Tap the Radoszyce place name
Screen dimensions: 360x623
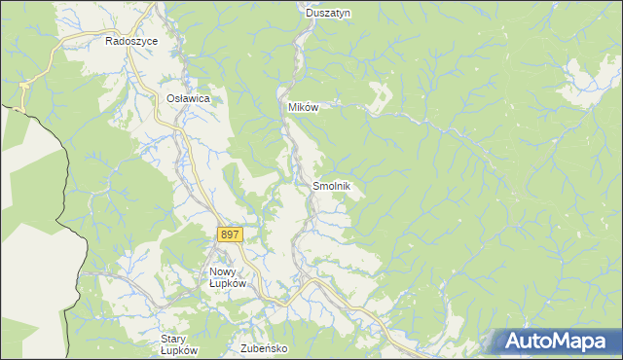[x=131, y=43]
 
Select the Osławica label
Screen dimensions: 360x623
[x=188, y=98]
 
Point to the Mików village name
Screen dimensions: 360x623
[x=303, y=108]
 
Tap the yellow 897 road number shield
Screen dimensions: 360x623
[x=230, y=235]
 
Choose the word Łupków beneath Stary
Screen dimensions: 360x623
[x=179, y=350]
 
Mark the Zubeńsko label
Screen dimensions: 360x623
[x=260, y=346]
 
